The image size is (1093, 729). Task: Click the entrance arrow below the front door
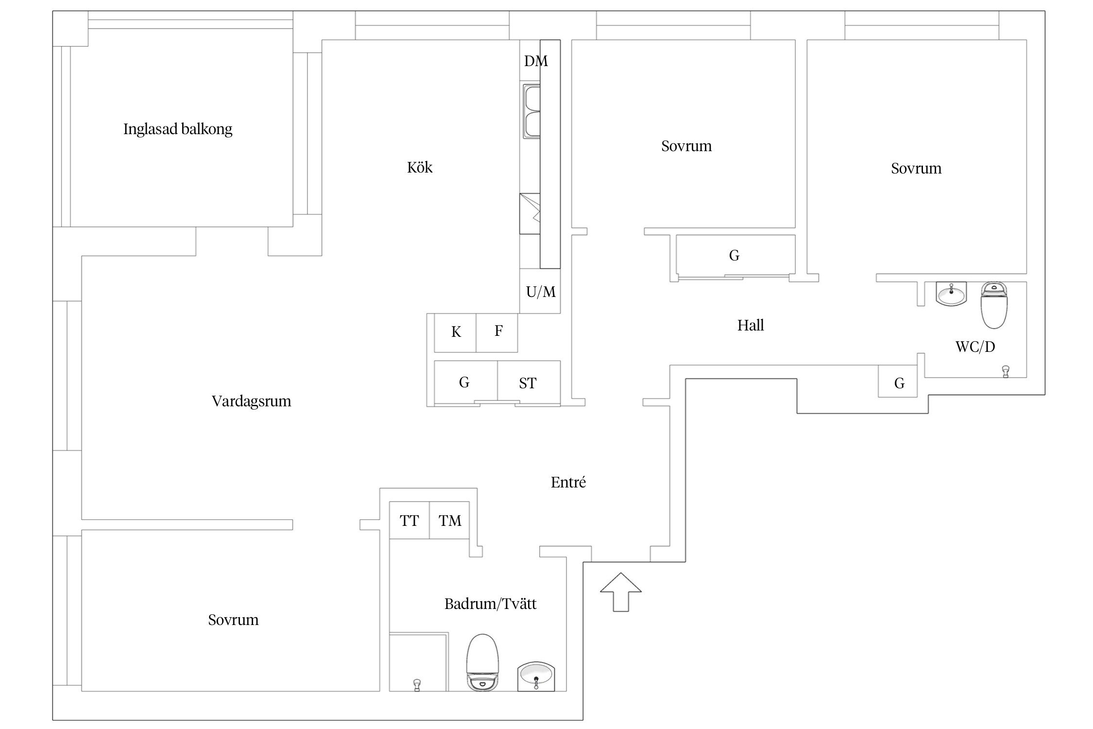(620, 591)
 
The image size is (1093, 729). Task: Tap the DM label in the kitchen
(536, 61)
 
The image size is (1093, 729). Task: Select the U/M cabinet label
(541, 292)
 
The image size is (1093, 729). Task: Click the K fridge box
(455, 333)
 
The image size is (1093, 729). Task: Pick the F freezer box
(497, 333)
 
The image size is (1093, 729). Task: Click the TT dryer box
(410, 520)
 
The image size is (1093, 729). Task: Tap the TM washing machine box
(450, 520)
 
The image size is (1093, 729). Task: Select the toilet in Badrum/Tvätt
(483, 662)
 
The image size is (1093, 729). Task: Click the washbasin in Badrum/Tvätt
(536, 676)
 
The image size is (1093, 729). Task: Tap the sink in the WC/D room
(951, 294)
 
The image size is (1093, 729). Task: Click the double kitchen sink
(530, 112)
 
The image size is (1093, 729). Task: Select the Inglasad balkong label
(178, 129)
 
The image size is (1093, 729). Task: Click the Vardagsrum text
(251, 401)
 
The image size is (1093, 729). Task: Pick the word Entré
(568, 482)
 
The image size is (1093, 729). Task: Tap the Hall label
(751, 325)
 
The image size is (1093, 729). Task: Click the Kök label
(420, 168)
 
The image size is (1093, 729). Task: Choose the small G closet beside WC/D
(898, 382)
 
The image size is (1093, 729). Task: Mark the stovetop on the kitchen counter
(529, 213)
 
